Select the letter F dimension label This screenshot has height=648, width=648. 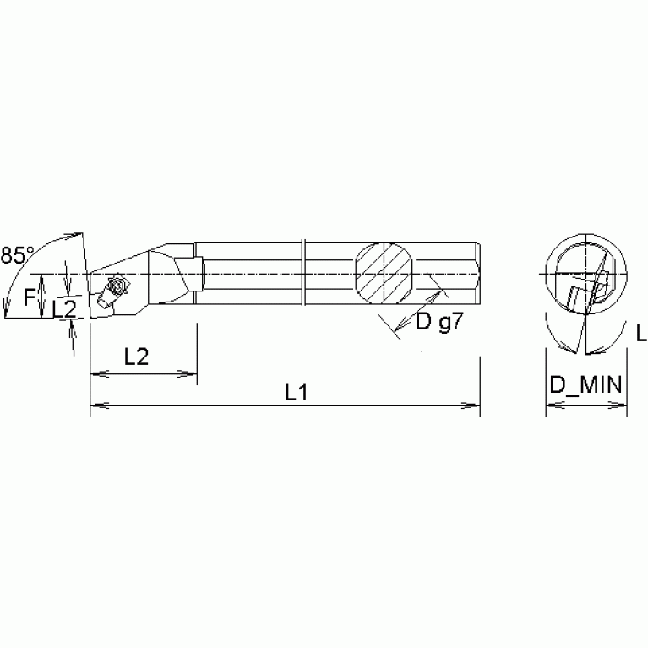click(x=30, y=297)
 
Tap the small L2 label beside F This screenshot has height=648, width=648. click(x=64, y=310)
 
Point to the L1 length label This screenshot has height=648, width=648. click(x=296, y=392)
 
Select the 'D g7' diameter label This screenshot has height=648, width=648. click(x=438, y=322)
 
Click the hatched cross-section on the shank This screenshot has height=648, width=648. click(x=384, y=274)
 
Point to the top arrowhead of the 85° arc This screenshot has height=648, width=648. click(x=78, y=234)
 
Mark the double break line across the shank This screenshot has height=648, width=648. click(x=303, y=274)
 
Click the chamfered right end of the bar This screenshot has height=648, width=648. click(x=478, y=274)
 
